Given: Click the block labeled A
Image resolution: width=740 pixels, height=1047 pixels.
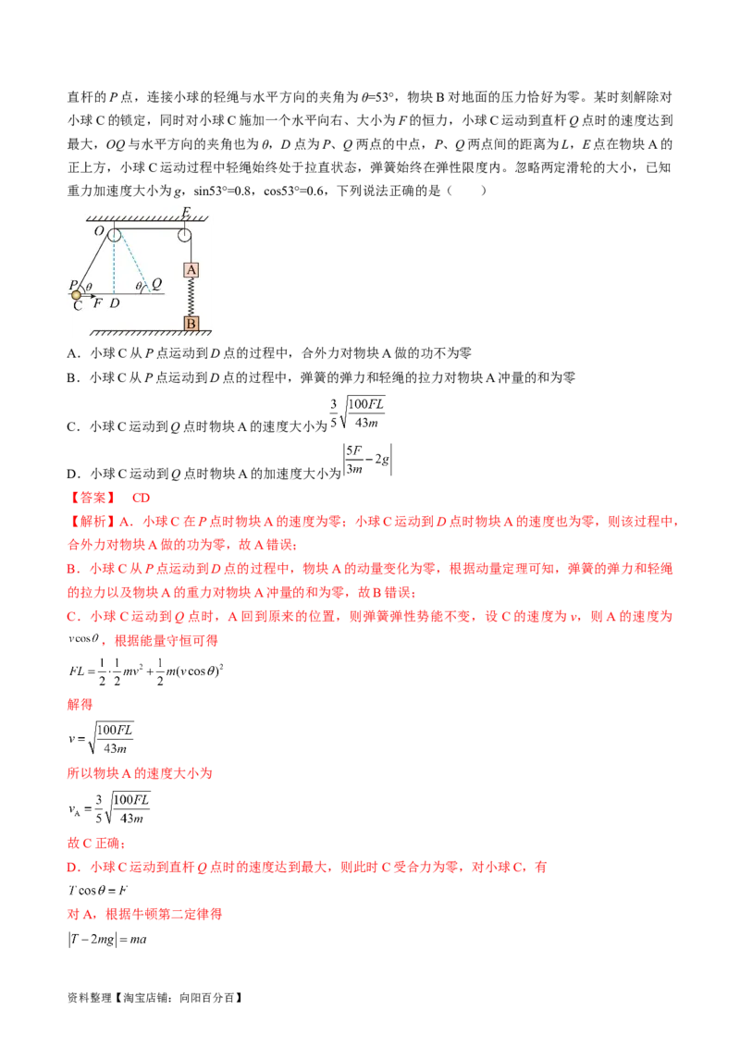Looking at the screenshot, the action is pyautogui.click(x=191, y=270).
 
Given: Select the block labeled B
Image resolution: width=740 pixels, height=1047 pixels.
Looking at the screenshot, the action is pyautogui.click(x=191, y=323).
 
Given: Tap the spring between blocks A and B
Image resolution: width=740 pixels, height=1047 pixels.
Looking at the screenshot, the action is pyautogui.click(x=191, y=296).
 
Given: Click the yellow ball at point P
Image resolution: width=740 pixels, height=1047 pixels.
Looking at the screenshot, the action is pyautogui.click(x=77, y=295).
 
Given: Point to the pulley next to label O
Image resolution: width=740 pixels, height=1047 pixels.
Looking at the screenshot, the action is pyautogui.click(x=114, y=234).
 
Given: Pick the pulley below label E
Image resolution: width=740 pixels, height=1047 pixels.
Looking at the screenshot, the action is pyautogui.click(x=186, y=234).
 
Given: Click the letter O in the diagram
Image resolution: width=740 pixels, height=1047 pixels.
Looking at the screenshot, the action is pyautogui.click(x=98, y=231).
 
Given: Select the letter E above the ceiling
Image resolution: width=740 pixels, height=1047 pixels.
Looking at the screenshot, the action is pyautogui.click(x=186, y=212).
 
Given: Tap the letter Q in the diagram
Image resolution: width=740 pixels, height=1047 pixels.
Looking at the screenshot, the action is pyautogui.click(x=156, y=286).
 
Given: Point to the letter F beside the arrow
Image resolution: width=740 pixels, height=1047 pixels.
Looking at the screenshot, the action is pyautogui.click(x=97, y=303).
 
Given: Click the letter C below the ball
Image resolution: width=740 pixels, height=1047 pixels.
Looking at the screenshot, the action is pyautogui.click(x=78, y=306).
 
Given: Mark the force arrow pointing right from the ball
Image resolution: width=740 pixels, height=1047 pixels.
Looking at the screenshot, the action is pyautogui.click(x=90, y=296).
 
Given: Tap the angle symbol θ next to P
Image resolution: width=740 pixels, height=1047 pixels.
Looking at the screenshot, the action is pyautogui.click(x=87, y=287).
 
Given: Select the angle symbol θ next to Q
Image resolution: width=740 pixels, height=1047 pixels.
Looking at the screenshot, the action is pyautogui.click(x=139, y=288).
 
